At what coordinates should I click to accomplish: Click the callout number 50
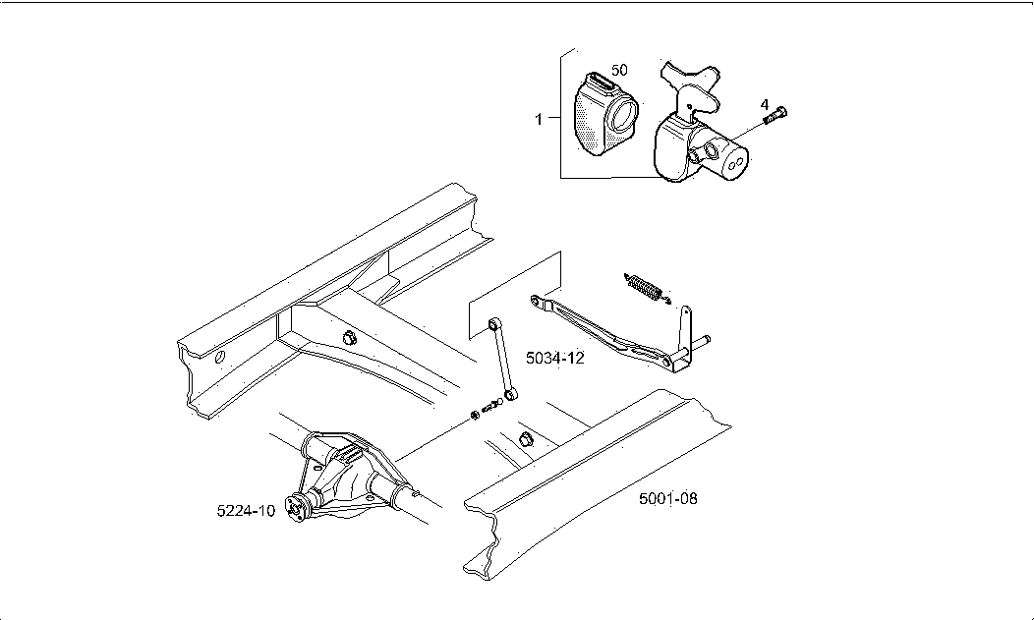[619, 71]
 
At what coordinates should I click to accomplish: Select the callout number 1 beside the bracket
[539, 120]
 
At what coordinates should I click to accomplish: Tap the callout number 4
[764, 104]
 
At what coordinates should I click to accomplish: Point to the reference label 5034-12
[554, 359]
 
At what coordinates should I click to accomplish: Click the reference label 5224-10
[246, 511]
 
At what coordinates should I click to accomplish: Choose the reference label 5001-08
[667, 499]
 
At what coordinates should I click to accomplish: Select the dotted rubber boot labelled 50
[603, 115]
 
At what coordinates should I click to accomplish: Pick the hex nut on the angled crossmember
[347, 339]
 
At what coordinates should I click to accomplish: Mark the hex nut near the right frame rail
[524, 437]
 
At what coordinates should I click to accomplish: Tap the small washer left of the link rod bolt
[476, 414]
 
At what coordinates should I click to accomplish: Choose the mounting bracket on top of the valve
[693, 88]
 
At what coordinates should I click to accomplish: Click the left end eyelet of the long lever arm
[535, 300]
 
